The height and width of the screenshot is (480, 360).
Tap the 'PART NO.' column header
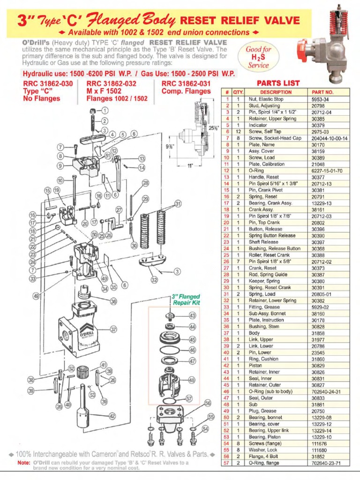[x=322, y=92]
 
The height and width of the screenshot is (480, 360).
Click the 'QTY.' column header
[x=238, y=92]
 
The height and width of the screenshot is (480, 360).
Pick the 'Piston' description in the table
[x=255, y=365]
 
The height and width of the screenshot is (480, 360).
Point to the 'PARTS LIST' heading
[x=278, y=83]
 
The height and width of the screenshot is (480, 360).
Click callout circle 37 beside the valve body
[x=113, y=330]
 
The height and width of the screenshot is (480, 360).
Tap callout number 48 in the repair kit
[x=192, y=380]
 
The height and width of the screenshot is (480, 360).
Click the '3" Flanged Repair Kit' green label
[x=186, y=300]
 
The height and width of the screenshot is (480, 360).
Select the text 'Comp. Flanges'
[x=186, y=91]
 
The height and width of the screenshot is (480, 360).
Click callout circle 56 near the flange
[x=208, y=403]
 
